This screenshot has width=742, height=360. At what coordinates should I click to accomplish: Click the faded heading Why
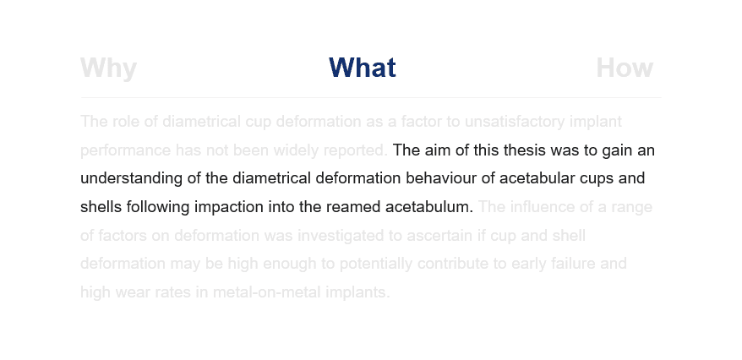[x=108, y=68]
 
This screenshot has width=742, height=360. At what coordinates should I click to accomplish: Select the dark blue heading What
[x=362, y=68]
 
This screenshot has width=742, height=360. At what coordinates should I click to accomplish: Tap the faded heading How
[x=625, y=68]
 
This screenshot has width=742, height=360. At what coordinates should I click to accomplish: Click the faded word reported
[x=356, y=150]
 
